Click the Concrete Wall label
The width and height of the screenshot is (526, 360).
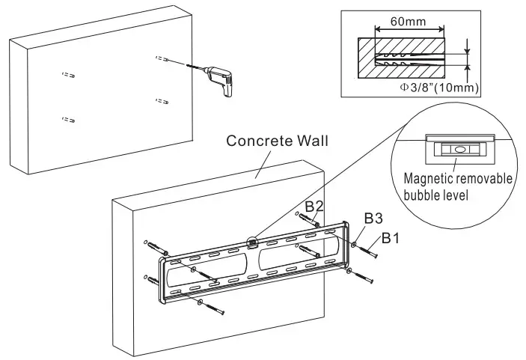click(x=277, y=141)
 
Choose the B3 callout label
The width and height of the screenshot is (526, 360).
click(x=374, y=218)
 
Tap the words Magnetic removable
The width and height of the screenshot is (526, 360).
click(x=457, y=179)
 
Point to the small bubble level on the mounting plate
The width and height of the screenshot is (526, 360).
click(x=252, y=241)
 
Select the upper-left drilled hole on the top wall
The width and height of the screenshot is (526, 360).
click(x=67, y=75)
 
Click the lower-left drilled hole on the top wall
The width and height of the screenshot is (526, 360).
click(x=68, y=118)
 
